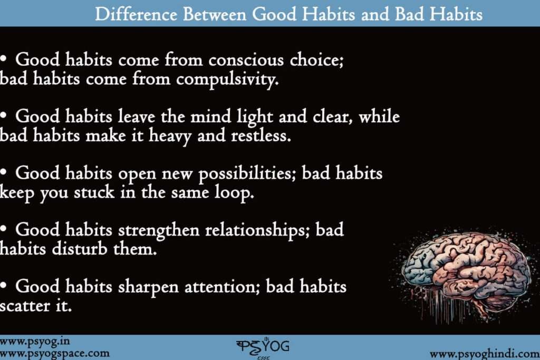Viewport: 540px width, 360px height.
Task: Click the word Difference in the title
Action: (136, 14)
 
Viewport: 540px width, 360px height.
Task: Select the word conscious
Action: (246, 60)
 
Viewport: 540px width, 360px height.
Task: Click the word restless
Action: (261, 135)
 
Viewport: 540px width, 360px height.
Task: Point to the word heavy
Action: (170, 137)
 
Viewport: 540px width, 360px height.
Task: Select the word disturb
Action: (80, 248)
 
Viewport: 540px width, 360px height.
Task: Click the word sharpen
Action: (148, 287)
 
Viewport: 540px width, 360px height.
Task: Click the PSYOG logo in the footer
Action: (263, 347)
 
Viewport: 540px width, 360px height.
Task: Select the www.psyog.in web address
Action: (34, 342)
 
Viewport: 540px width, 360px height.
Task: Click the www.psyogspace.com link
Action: (54, 354)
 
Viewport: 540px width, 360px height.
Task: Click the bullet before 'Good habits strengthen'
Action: (4, 229)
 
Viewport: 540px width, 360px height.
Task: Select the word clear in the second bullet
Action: (333, 116)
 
